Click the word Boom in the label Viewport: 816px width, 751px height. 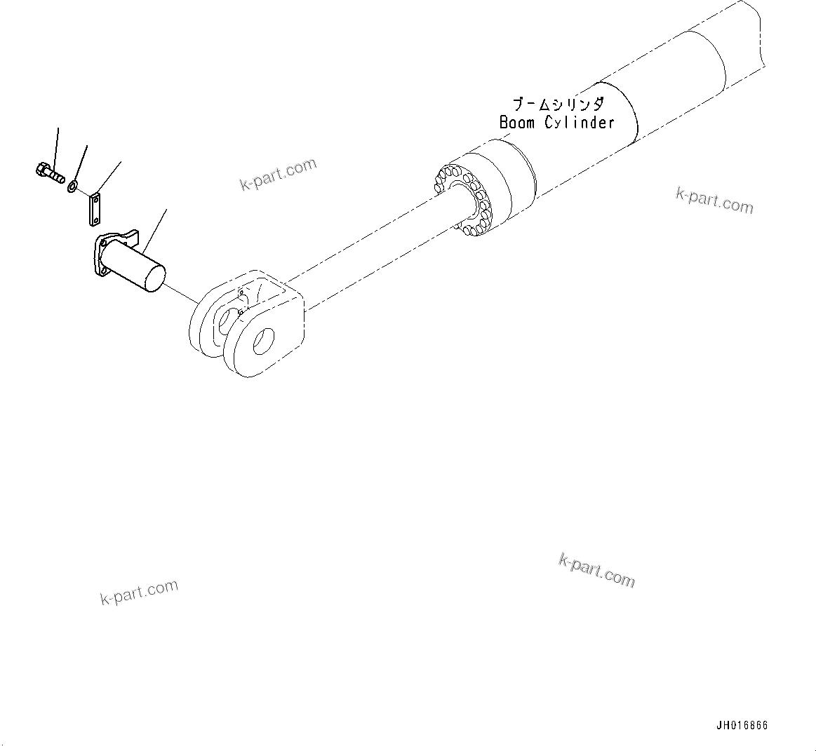[517, 123]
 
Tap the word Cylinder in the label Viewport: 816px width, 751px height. [580, 123]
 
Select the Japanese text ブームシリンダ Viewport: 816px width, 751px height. [558, 105]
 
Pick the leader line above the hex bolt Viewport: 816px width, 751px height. [57, 144]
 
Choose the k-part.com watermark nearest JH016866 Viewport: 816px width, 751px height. [597, 569]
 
